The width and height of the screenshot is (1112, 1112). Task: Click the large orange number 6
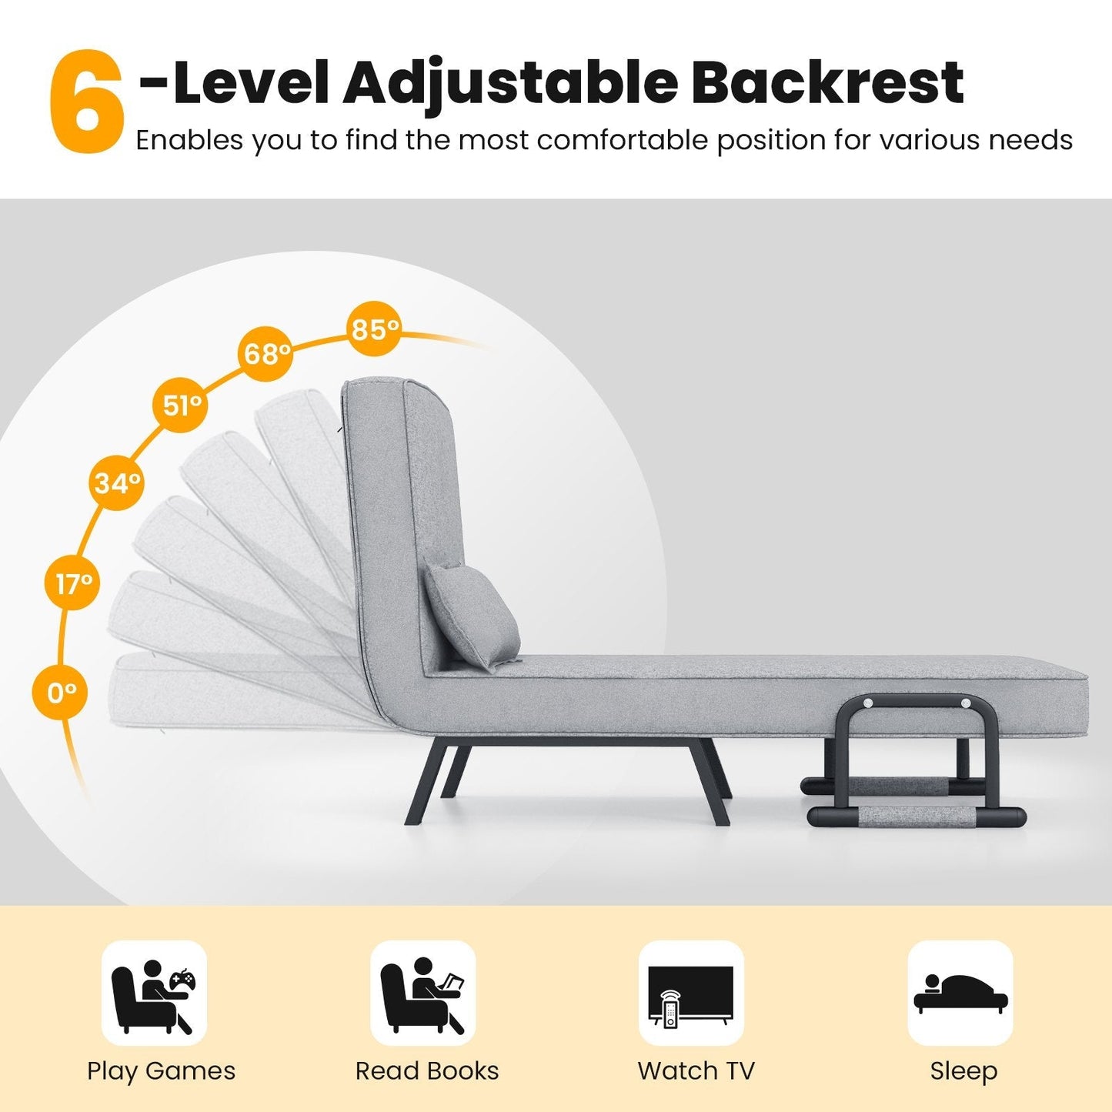point(85,102)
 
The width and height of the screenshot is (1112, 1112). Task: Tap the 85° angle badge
point(375,329)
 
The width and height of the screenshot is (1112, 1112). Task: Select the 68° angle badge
point(266,353)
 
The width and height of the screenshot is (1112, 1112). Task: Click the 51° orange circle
point(182,404)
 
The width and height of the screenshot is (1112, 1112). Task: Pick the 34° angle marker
point(118,483)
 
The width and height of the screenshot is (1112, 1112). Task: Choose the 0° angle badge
point(61,693)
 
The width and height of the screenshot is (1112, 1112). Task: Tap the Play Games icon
point(154,993)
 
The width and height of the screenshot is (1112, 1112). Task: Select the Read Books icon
point(422,993)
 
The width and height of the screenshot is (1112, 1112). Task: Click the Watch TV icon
point(691,993)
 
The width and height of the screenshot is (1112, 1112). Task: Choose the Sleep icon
point(960,993)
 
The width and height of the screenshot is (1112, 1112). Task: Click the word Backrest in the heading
point(826,83)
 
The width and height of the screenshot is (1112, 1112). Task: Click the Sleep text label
point(963,1070)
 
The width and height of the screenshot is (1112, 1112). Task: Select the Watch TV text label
point(696,1070)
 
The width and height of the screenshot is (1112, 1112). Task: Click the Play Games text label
point(161,1070)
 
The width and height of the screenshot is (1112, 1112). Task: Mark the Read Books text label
point(427,1070)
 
